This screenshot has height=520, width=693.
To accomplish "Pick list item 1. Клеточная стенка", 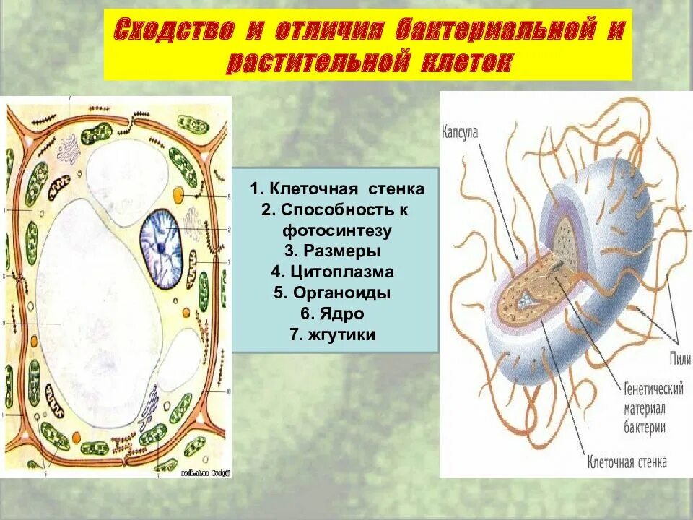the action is [x=337, y=189].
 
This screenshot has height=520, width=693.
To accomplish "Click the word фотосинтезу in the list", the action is [x=336, y=231].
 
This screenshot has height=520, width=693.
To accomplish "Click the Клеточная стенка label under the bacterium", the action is [x=627, y=461].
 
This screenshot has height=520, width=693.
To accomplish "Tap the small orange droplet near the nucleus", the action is [x=179, y=194].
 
